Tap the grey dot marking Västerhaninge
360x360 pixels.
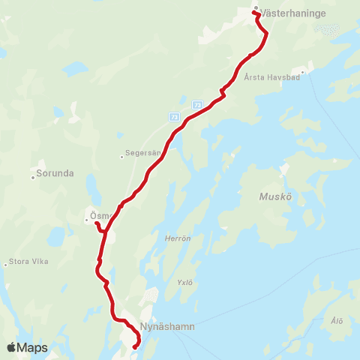click(x=255, y=9)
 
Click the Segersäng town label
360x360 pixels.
click(x=145, y=153)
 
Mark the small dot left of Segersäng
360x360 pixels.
click(x=121, y=157)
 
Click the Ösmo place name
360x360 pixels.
click(x=100, y=216)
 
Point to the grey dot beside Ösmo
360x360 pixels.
click(x=86, y=220)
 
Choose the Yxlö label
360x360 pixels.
click(x=184, y=283)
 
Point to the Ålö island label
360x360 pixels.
click(x=337, y=321)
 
